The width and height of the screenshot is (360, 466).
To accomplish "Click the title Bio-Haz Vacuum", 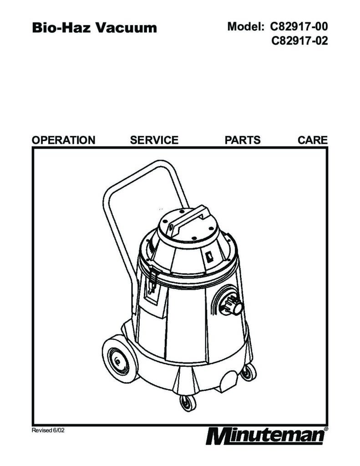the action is point(94,28).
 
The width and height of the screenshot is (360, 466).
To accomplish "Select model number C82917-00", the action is point(299,26).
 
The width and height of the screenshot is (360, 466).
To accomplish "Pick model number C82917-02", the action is point(299,41).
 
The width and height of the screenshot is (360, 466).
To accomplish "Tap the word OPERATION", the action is point(63,140).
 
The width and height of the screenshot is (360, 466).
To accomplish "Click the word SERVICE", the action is point(154,140).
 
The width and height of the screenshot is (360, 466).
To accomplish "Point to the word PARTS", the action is point(243,140).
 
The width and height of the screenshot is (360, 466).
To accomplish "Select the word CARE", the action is point(312,140).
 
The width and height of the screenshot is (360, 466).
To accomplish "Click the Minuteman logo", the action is point(265,436).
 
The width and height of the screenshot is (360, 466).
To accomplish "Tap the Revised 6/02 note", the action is point(48,431).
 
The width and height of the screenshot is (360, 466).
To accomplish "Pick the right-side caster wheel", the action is point(248,372).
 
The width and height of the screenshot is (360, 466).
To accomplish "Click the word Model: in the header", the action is point(246,26).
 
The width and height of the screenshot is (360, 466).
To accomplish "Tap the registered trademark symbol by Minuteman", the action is point(326,429).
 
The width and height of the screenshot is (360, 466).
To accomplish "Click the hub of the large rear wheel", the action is point(118,361).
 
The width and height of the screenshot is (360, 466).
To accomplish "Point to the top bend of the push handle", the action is point(162,163).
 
